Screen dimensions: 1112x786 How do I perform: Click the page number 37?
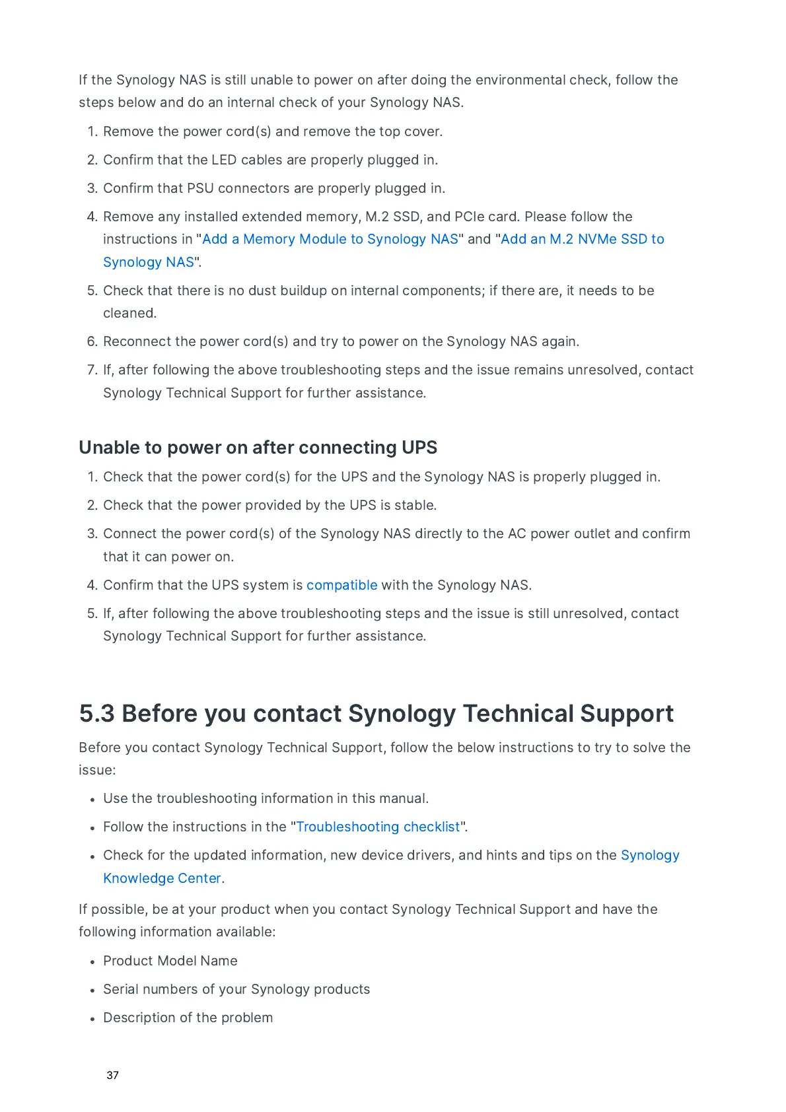112,1075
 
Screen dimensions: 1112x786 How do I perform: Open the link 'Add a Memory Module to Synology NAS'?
330,239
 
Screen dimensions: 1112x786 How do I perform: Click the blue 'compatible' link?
341,585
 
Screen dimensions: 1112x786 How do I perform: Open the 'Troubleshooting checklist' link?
378,827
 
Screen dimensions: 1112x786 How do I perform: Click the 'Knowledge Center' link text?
162,878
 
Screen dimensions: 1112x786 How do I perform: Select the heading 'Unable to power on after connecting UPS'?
258,448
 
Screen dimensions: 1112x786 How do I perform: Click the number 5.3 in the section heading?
96,714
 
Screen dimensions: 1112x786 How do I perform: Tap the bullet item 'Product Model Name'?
170,961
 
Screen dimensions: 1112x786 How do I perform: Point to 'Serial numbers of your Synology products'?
236,989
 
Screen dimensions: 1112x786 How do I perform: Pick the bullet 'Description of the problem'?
188,1018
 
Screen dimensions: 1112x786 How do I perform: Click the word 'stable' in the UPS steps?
414,505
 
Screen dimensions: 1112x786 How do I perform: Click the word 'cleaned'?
129,313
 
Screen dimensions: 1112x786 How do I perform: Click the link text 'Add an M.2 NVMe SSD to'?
583,239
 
